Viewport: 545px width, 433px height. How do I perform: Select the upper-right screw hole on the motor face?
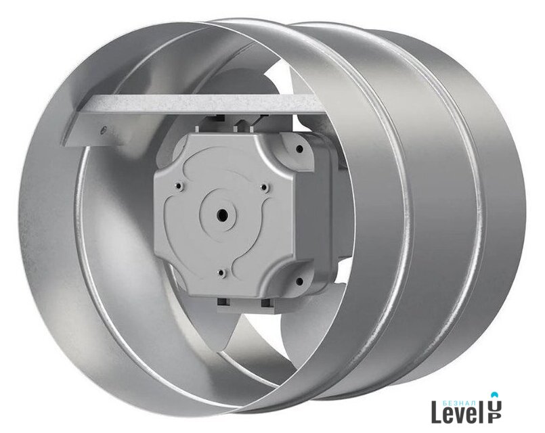point(264,188)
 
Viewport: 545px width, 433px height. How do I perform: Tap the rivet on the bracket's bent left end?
point(102,130)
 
